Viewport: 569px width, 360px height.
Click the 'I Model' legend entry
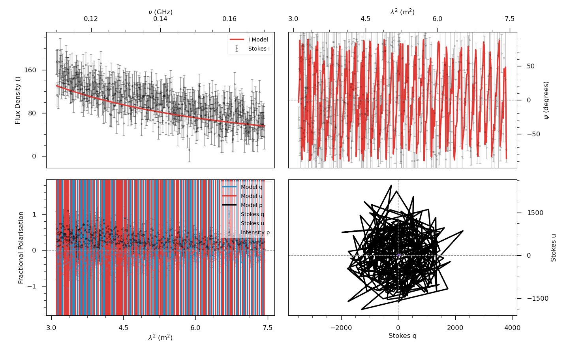[x=258, y=40]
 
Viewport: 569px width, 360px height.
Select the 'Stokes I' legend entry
[x=259, y=49]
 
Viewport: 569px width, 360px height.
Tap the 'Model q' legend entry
[x=251, y=187]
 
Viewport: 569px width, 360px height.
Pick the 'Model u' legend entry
[x=251, y=196]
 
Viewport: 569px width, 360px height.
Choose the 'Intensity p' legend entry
[x=255, y=232]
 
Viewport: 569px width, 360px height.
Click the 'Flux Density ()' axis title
[x=18, y=100]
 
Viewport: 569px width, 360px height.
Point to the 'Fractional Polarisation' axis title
[x=21, y=248]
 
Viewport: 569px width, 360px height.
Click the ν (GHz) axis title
[x=160, y=12]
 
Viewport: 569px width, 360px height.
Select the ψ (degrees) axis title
[x=546, y=100]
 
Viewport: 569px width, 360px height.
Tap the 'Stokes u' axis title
[x=553, y=248]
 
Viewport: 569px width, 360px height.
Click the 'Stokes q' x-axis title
[x=402, y=336]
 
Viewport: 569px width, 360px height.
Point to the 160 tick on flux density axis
[x=30, y=70]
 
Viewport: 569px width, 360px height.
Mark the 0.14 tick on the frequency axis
[x=160, y=19]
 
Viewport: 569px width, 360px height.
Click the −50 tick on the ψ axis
[x=533, y=134]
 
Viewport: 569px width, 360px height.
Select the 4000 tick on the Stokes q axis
[x=512, y=328]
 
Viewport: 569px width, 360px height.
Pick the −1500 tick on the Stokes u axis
[x=537, y=299]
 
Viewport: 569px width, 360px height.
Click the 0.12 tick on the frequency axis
[x=91, y=19]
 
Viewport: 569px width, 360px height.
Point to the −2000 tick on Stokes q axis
[x=341, y=328]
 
